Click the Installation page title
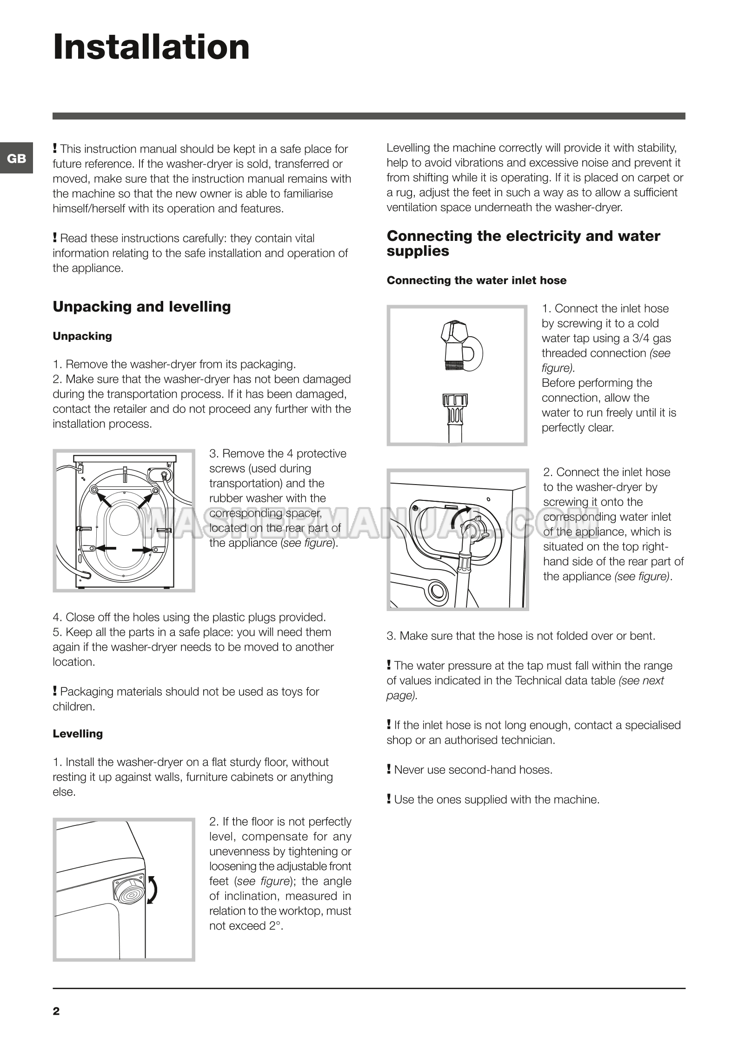click(x=152, y=47)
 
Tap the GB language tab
click(x=17, y=159)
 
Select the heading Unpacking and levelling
click(x=142, y=307)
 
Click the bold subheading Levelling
click(x=78, y=733)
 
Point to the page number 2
click(x=56, y=1011)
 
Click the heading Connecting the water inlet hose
click(x=477, y=280)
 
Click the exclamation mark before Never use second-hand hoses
click(x=389, y=769)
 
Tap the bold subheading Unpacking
click(x=82, y=336)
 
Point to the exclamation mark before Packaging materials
click(x=55, y=691)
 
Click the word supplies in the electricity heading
click(x=418, y=251)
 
